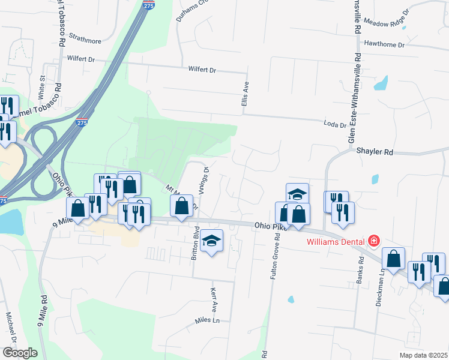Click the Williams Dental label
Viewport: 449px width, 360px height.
[x=335, y=242]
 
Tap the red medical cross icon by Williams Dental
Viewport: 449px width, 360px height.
[x=373, y=241]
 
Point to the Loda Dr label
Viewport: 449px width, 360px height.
[x=335, y=124]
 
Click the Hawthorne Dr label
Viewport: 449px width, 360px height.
[x=385, y=44]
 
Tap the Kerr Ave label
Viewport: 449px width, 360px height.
[x=213, y=300]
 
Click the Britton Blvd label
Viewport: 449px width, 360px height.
[x=194, y=242]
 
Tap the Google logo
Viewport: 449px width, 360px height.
[x=20, y=353]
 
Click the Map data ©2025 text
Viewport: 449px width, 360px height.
[x=423, y=355]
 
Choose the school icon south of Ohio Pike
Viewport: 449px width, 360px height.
[x=211, y=241]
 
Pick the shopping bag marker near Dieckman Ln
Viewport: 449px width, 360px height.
[x=393, y=259]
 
